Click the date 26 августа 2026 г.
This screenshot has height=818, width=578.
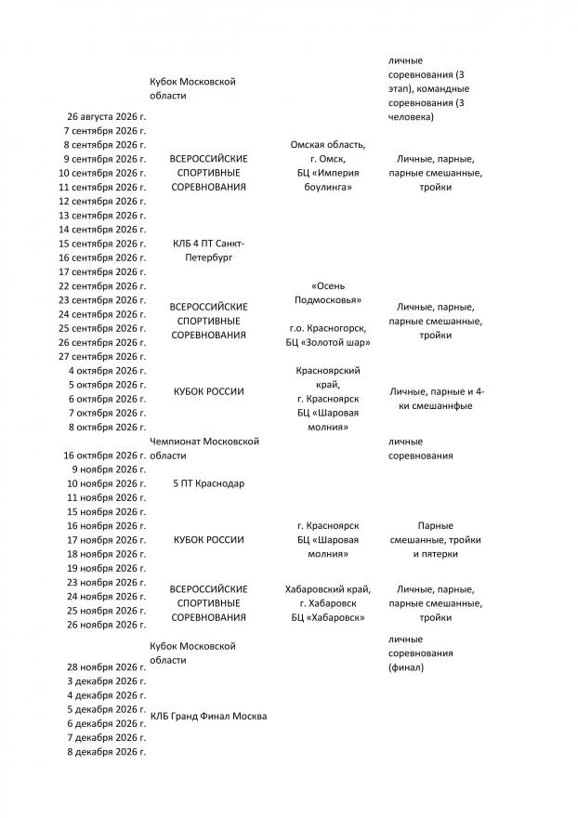107,117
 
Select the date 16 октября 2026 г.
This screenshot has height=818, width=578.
104,455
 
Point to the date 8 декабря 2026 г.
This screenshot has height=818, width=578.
107,751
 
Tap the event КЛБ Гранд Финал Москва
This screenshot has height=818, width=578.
208,716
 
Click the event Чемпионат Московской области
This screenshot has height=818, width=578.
204,448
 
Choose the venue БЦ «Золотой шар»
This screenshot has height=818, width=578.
327,342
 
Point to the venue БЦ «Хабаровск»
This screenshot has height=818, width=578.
327,616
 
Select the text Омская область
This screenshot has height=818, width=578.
327,145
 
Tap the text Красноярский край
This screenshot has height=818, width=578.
328,377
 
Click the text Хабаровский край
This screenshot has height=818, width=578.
328,588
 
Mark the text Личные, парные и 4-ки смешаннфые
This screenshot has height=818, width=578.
436,398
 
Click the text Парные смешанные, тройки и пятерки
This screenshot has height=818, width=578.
435,539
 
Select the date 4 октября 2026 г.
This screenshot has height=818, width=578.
107,370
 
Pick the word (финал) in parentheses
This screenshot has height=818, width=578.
406,667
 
